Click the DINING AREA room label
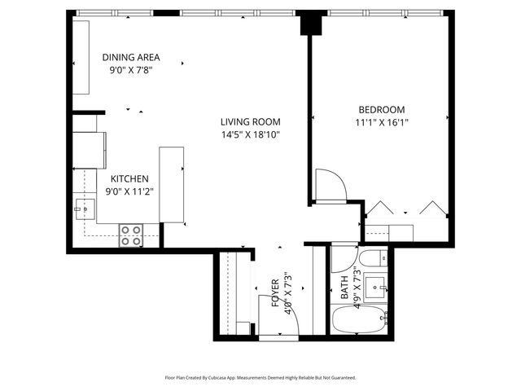coord(130,57)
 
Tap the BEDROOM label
coord(382,109)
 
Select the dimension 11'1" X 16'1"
coord(382,123)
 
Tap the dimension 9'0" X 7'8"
coord(130,70)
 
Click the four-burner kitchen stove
coord(131,235)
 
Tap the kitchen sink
coord(81,209)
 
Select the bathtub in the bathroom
coord(360,319)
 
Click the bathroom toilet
coord(373,261)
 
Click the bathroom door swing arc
coord(344,260)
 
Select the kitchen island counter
coord(171,184)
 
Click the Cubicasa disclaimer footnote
coord(260,378)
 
